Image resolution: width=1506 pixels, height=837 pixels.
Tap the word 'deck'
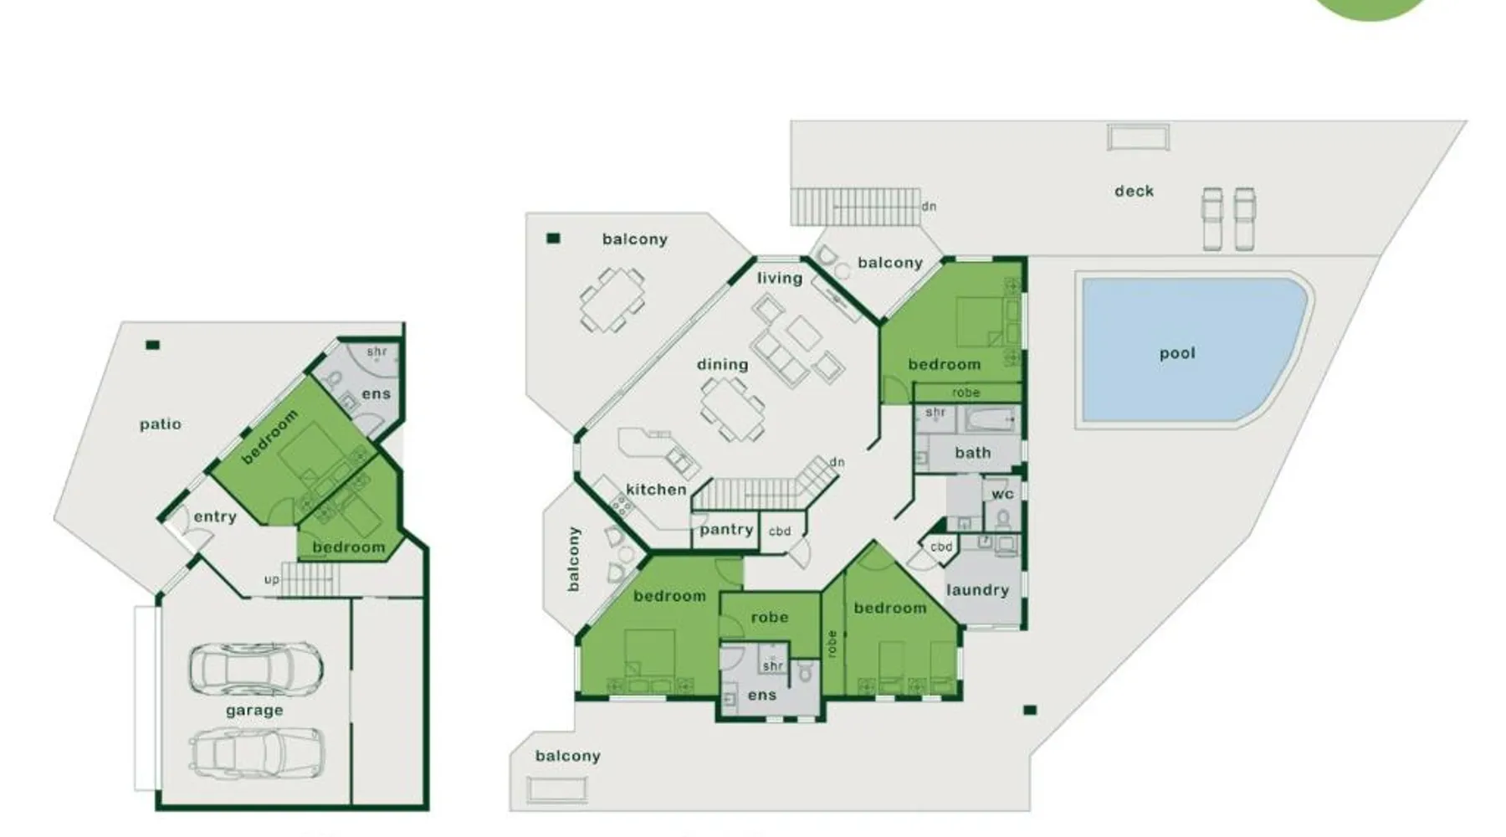coord(1134,191)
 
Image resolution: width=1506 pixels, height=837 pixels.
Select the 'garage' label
coord(254,711)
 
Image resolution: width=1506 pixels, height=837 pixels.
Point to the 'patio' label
coord(160,424)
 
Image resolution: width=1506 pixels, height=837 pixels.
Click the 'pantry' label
coord(726,529)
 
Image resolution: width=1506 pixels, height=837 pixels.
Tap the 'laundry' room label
coord(977,590)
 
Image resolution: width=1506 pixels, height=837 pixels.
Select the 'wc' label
coord(1002,494)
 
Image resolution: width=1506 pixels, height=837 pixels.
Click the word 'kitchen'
coord(656,489)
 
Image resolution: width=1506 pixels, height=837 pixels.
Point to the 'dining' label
coord(722,364)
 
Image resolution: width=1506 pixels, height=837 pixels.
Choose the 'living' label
coord(780,278)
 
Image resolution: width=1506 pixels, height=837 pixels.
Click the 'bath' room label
coord(972,453)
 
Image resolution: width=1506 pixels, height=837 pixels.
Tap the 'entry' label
coord(215,516)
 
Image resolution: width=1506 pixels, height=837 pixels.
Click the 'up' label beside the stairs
coord(272,579)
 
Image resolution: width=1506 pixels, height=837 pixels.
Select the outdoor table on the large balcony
coord(612,299)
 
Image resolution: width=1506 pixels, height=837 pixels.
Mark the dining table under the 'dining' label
coord(732,408)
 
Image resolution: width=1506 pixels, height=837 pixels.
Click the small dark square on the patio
coord(152,345)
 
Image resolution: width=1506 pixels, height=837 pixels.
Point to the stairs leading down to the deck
coord(855,207)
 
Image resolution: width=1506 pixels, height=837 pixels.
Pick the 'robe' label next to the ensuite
coord(770,617)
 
